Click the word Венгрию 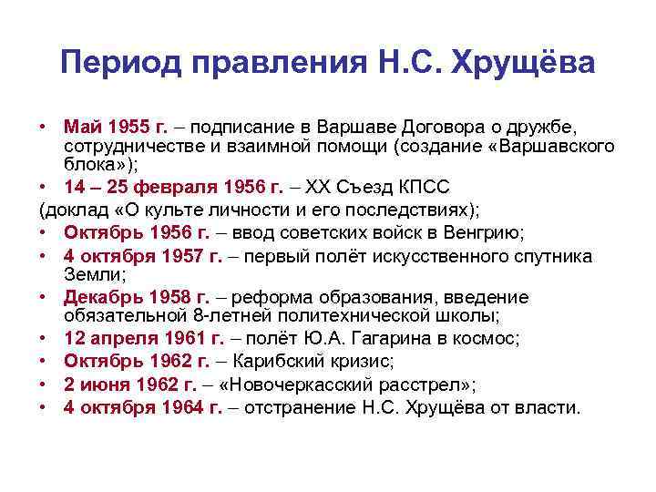click(x=484, y=232)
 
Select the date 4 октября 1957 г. click(x=143, y=255)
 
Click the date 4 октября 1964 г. click(x=143, y=406)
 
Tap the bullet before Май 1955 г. click(x=43, y=124)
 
